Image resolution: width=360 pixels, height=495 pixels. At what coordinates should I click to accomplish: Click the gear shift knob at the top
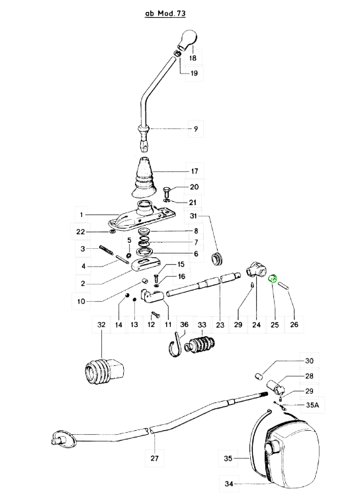coord(187,40)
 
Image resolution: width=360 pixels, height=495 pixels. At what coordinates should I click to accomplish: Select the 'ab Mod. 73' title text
coord(165,13)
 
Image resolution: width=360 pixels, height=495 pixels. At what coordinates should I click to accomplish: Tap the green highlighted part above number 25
coord(273,279)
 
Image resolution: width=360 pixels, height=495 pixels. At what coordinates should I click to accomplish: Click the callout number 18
coord(193,58)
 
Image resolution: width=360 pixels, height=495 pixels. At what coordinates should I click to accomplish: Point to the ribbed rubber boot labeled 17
coord(143,177)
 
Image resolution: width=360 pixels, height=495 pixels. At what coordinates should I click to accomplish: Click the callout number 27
coord(154,458)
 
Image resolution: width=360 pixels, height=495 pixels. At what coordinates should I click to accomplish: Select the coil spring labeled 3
coord(107,249)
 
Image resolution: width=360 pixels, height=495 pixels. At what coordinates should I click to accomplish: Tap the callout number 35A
coord(312,405)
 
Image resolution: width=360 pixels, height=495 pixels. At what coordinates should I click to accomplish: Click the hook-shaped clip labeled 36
coord(175,345)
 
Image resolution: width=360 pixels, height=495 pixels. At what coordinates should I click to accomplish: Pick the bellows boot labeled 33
coord(200,344)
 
